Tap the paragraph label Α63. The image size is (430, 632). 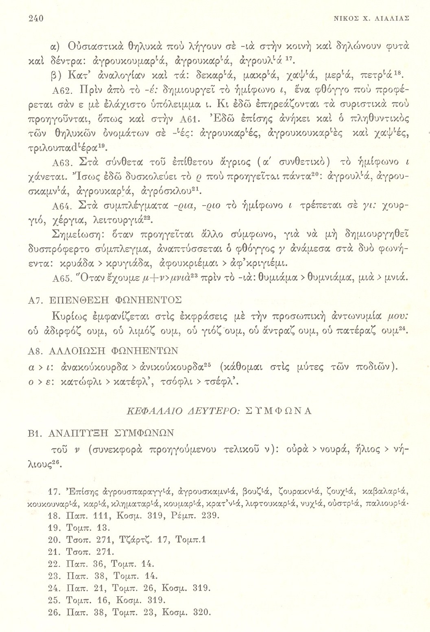[61, 164]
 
